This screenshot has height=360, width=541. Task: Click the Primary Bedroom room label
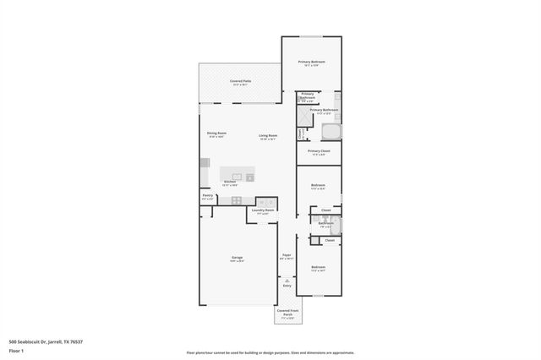(x=311, y=63)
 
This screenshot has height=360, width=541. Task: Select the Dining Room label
(x=216, y=134)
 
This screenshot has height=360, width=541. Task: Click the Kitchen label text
(x=229, y=182)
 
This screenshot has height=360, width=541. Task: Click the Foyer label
(x=287, y=254)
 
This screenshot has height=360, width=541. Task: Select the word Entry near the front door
(x=287, y=286)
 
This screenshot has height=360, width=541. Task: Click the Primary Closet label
(x=319, y=151)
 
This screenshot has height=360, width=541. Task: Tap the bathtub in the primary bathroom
(x=331, y=131)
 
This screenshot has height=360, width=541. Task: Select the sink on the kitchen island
(x=237, y=177)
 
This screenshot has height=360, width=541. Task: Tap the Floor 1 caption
(x=16, y=350)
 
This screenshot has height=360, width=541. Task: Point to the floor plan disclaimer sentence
(x=270, y=352)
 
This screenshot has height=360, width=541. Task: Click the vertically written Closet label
(x=300, y=133)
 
